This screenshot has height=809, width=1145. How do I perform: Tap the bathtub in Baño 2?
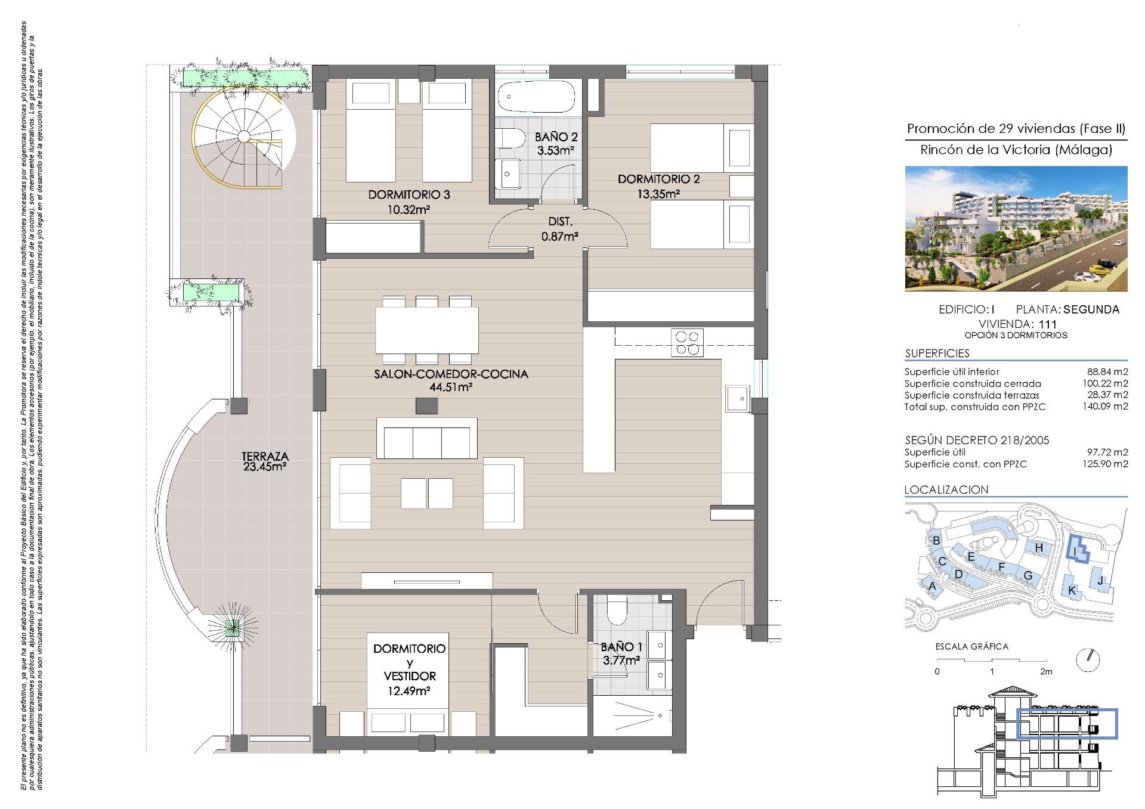point(536,97)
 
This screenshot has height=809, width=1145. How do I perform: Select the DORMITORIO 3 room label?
point(409,195)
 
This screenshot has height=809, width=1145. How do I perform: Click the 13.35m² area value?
point(658,194)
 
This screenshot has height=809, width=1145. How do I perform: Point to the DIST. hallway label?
point(560,222)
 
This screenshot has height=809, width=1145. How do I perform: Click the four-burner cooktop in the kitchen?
point(687,343)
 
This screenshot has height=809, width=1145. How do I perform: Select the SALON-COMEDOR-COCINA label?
point(451,374)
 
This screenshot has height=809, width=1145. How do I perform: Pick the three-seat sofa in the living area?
point(427,438)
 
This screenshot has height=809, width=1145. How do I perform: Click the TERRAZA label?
point(265,457)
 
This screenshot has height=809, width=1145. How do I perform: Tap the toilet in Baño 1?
point(616,610)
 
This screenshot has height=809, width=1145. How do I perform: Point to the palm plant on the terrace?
point(233,627)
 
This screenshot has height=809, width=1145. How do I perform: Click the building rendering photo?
point(1016,228)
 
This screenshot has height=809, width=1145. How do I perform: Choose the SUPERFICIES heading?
point(937,353)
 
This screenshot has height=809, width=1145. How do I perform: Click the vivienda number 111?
point(1047,324)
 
